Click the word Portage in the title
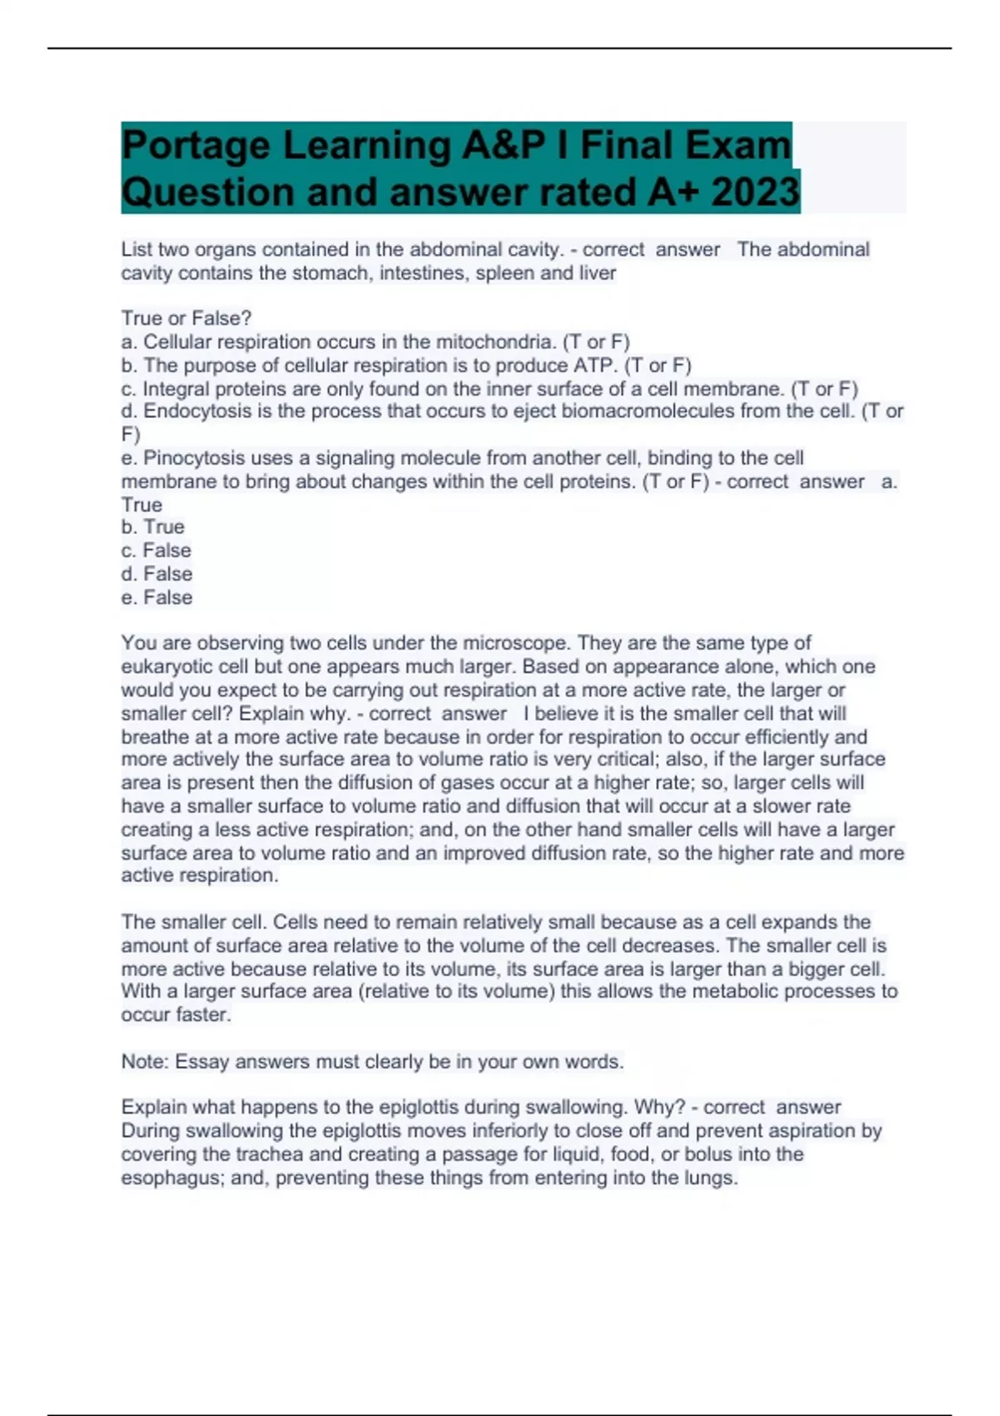195,147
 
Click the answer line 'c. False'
156,551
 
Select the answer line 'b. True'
152,527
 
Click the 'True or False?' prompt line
186,318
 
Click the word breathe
153,737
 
